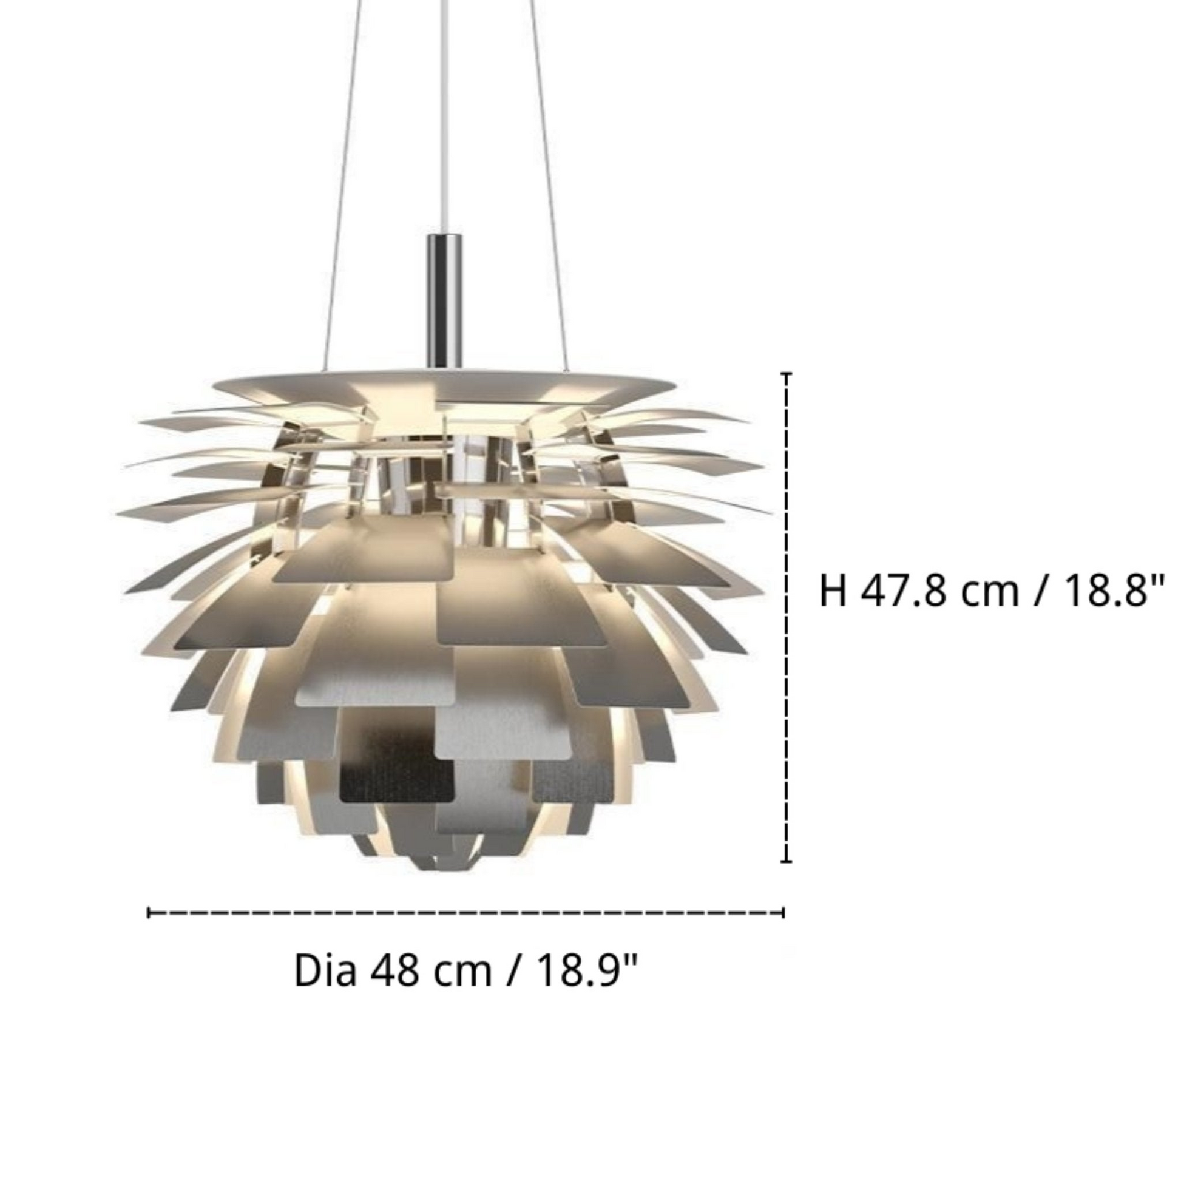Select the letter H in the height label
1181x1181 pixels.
pyautogui.click(x=833, y=592)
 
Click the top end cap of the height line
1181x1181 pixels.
pyautogui.click(x=787, y=373)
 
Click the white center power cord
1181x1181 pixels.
pyautogui.click(x=441, y=122)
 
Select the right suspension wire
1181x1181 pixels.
pyautogui.click(x=546, y=183)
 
